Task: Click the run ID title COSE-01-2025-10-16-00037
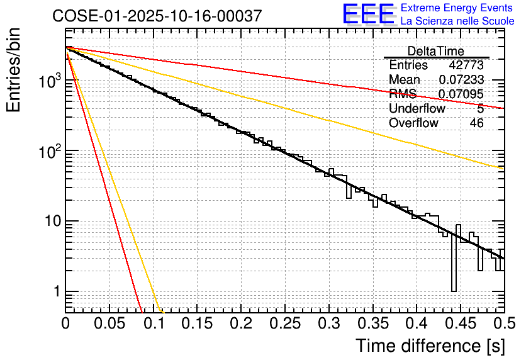(157, 16)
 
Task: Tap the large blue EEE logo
(368, 14)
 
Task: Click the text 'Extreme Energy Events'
(457, 8)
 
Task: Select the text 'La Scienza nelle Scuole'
(457, 21)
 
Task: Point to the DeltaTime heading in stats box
(435, 51)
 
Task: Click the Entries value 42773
(466, 65)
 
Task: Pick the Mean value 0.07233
(461, 80)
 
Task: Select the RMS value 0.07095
(461, 94)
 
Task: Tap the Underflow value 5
(480, 109)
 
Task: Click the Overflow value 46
(476, 123)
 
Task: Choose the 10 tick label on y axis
(49, 222)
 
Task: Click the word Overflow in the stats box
(413, 123)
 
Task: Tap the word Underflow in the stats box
(417, 109)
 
